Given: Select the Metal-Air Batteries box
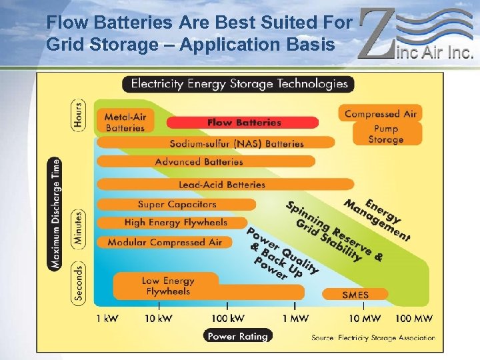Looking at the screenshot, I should [x=125, y=121].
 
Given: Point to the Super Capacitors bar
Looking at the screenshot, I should [x=177, y=204].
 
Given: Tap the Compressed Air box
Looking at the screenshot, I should [x=380, y=114].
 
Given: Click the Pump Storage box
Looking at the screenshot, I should [x=385, y=134].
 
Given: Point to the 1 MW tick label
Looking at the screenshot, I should [x=294, y=319].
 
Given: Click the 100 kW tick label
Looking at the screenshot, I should [x=227, y=319].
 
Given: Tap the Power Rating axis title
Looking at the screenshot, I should [x=237, y=336].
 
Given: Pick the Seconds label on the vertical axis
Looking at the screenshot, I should [x=79, y=283].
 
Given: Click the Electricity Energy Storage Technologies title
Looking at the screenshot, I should [x=239, y=84].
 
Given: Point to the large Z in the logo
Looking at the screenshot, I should [x=377, y=33].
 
